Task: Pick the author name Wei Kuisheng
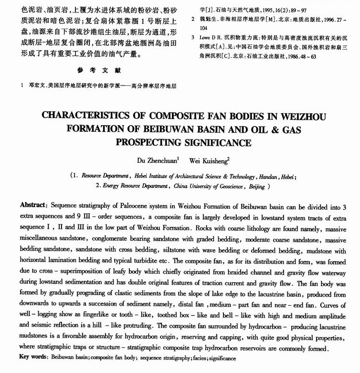pos(210,161)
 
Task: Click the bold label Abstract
pos(33,204)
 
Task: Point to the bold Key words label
pos(33,357)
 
